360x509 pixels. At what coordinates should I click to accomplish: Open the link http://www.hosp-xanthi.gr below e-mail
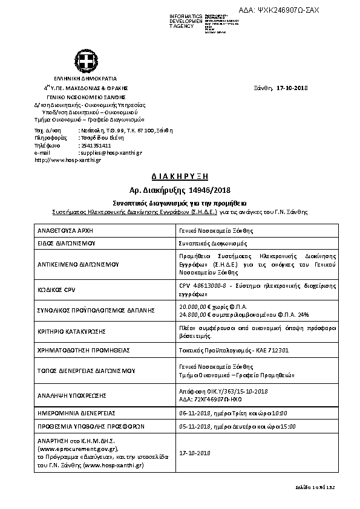point(68,160)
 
